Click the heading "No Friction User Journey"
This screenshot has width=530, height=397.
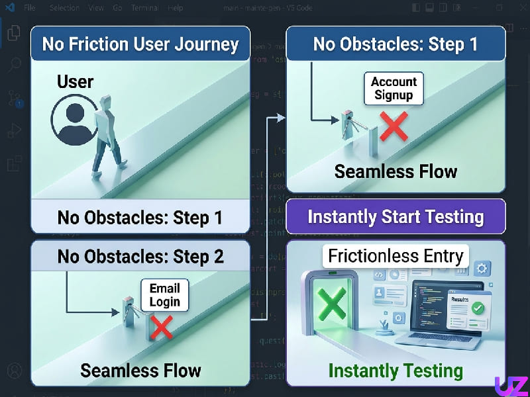[x=140, y=44]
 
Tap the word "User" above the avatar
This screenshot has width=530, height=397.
[x=75, y=82]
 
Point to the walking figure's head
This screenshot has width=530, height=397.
[x=105, y=101]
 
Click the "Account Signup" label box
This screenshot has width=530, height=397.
[x=394, y=89]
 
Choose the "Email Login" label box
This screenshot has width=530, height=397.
[x=165, y=295]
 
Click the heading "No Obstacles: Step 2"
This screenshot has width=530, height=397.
[x=140, y=256]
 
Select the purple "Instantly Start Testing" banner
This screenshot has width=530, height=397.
[x=396, y=217]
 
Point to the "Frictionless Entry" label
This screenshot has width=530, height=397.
[x=396, y=256]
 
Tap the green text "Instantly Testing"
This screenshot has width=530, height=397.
[x=396, y=371]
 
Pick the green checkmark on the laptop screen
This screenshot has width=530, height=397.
[x=478, y=308]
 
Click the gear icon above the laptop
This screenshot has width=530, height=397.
[x=482, y=269]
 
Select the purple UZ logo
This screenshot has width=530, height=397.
[x=511, y=386]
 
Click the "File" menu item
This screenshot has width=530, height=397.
[x=30, y=9]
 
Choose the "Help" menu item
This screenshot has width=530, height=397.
[x=176, y=9]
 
